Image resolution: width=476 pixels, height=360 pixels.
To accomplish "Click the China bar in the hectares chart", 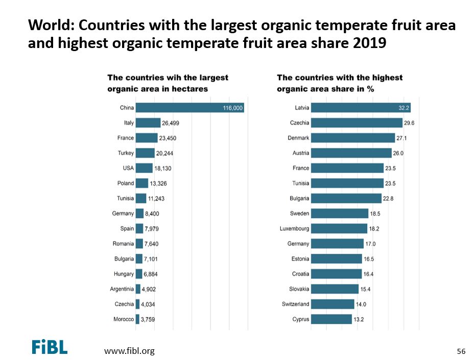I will tap(189, 108).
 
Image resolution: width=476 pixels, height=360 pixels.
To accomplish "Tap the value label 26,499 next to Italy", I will tap(171, 123).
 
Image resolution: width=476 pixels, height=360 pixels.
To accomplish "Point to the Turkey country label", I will tap(126, 153).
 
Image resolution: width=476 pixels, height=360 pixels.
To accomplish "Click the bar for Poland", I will tap(141, 183).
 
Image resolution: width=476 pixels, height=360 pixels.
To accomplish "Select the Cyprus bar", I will tap(331, 319).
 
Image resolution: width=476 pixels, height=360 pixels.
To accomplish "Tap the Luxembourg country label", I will tap(294, 229).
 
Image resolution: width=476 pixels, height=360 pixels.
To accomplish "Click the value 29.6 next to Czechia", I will tap(409, 123).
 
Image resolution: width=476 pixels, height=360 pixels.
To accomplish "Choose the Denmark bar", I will tap(353, 138).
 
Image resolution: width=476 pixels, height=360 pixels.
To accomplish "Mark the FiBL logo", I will tap(50, 347).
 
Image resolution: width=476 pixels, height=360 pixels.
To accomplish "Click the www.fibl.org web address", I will tap(129, 351).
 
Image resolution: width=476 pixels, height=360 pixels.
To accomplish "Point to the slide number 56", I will tap(461, 351).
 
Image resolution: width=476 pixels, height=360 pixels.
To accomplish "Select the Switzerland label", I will tap(295, 304).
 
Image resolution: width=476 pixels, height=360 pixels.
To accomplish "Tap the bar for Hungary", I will tap(139, 274).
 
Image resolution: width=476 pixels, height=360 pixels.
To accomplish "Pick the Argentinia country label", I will tap(122, 289).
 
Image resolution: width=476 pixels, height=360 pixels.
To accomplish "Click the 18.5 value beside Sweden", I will tap(376, 213).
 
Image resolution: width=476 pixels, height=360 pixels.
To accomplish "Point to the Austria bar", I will tap(351, 153).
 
